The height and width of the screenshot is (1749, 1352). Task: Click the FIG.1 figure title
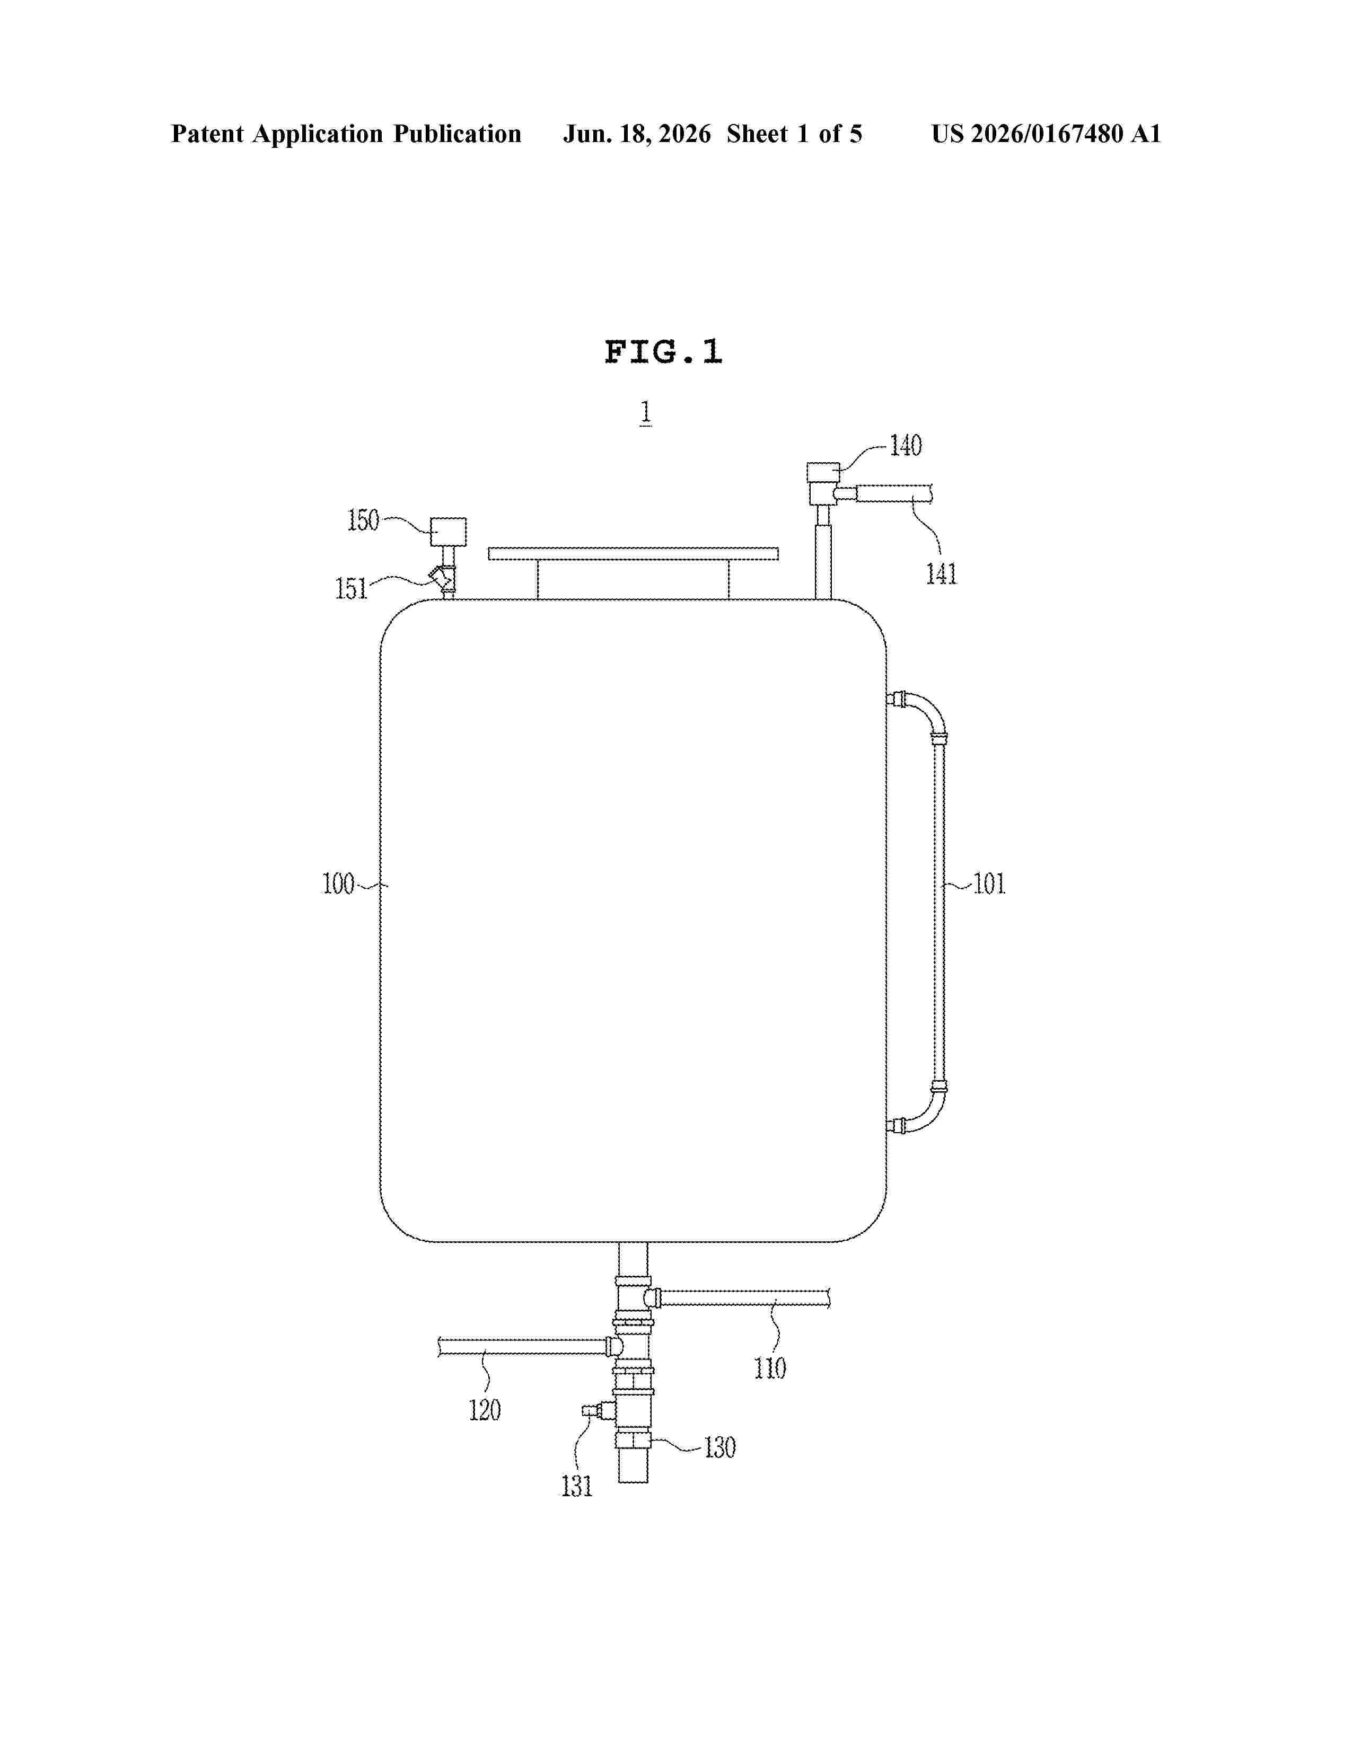663,351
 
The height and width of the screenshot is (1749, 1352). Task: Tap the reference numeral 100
338,884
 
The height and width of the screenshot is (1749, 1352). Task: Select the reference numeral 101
989,884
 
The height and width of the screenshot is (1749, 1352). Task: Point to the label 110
770,1368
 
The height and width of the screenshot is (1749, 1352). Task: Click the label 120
485,1409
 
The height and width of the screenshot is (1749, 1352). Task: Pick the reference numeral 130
719,1448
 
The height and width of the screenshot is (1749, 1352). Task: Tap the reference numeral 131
577,1486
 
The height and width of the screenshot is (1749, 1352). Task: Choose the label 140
906,445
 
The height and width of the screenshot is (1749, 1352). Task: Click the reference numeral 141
942,573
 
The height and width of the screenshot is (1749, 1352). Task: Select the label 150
363,520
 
